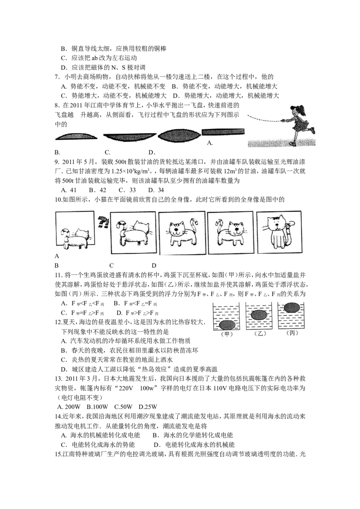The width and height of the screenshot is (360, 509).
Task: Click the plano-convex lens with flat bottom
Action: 76,136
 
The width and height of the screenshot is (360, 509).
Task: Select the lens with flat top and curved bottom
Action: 130,137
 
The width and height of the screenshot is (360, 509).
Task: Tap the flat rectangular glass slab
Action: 223,132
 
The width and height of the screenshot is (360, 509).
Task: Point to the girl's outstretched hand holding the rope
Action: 283,121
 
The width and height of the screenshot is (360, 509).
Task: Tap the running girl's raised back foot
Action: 312,130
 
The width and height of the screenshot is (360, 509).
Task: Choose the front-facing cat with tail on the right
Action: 180,233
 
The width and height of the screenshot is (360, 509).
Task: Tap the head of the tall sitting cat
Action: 276,223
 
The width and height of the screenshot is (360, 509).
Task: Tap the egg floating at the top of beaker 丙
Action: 292,308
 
